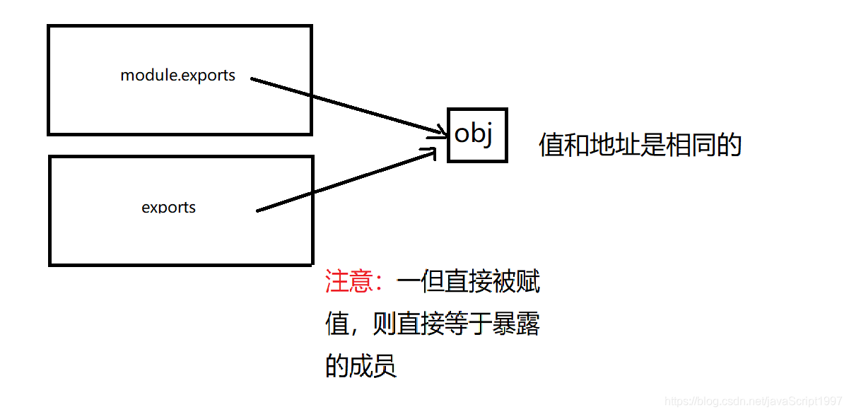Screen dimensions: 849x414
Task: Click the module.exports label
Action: (x=177, y=75)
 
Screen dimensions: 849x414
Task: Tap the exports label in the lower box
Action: (x=168, y=207)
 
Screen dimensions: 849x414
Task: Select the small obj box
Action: (x=477, y=135)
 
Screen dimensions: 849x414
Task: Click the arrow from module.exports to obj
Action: (x=346, y=105)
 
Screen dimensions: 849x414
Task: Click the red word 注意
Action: (x=349, y=282)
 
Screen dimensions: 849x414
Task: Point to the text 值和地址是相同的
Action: (x=639, y=145)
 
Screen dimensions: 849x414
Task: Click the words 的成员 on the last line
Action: (x=361, y=366)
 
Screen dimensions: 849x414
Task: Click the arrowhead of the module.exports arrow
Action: (x=443, y=131)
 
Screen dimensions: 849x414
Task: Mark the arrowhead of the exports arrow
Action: (x=434, y=151)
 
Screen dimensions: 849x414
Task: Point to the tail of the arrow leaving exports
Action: (x=259, y=209)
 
